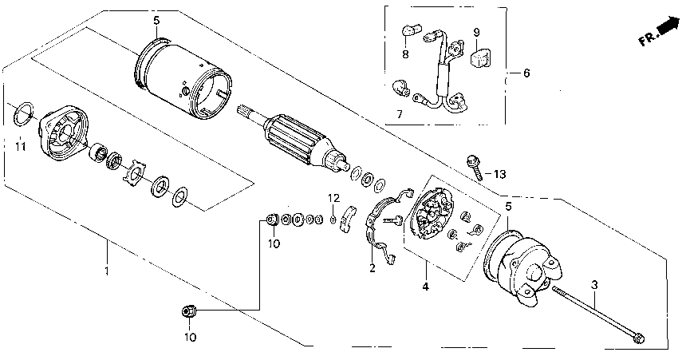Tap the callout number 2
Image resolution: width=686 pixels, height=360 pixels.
click(x=372, y=268)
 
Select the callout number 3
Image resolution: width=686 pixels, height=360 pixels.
click(x=593, y=284)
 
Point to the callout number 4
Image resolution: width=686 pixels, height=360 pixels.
click(x=425, y=286)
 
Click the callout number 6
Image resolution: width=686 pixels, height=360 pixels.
click(x=526, y=73)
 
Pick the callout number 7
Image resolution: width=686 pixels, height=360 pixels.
click(x=400, y=114)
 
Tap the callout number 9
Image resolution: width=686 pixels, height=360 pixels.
click(x=476, y=33)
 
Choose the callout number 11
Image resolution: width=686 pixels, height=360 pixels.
click(x=22, y=147)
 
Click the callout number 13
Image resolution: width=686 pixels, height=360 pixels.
click(x=499, y=173)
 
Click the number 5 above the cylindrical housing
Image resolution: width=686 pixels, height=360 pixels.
click(x=156, y=19)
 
